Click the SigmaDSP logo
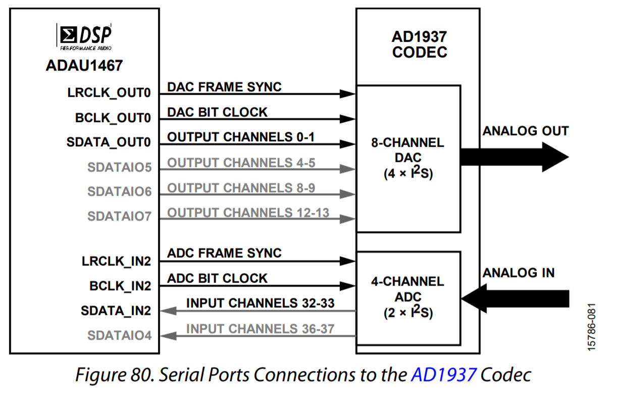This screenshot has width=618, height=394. [x=84, y=37]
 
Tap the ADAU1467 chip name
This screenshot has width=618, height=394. [x=84, y=66]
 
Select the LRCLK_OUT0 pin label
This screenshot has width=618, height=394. [x=109, y=93]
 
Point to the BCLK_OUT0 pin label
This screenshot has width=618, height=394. [x=113, y=118]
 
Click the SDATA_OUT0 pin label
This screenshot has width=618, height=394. [x=109, y=142]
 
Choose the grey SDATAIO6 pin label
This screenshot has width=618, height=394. [x=120, y=191]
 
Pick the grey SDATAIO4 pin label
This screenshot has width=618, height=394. [x=120, y=335]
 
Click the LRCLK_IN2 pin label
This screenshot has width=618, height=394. [x=116, y=261]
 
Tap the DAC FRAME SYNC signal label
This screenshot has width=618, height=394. [x=224, y=87]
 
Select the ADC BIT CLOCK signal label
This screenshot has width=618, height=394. [x=217, y=278]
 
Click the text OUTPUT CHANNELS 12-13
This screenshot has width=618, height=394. [x=248, y=213]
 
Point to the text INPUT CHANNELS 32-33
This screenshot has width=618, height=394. [x=260, y=303]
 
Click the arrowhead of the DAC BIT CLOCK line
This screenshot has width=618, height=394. [x=347, y=119]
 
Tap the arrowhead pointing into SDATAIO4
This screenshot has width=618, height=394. [x=168, y=336]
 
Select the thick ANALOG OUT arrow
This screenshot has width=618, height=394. [x=514, y=157]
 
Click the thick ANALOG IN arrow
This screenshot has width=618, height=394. [x=515, y=299]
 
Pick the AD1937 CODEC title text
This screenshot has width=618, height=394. [x=420, y=44]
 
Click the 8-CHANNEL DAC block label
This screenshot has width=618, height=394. [x=408, y=158]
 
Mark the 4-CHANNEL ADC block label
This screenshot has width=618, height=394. [x=408, y=297]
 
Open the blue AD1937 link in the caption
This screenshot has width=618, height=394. [x=444, y=375]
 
